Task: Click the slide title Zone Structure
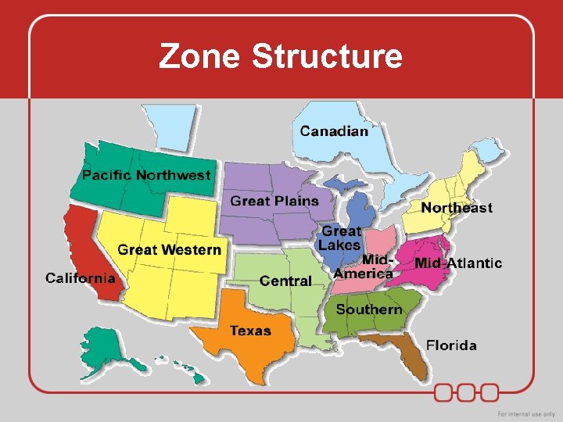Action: point(280,56)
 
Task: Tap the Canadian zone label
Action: point(334,131)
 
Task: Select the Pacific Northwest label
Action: point(146,175)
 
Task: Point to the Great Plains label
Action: point(274,201)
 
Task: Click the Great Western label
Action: point(169,250)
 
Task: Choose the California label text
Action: point(80,277)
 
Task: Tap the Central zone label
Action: point(285,281)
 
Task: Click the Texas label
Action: point(250,331)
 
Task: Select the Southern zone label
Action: point(369,309)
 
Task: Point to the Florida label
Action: point(451,345)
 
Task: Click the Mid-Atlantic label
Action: point(458,263)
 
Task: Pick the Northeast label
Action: point(457,207)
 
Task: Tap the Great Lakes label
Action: point(341,238)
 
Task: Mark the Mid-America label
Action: point(364,266)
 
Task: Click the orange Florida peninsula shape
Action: point(410,356)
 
